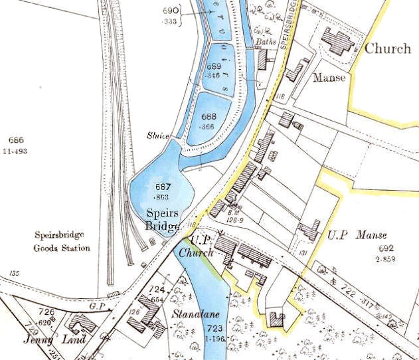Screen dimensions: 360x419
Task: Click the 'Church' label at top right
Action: point(388,48)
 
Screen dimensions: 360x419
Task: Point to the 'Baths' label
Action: point(266,42)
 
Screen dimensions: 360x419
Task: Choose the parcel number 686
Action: point(17,139)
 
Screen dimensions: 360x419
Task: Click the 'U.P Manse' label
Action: point(357,235)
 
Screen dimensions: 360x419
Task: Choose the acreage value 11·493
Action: point(19,151)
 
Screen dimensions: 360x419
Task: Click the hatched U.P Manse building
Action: point(309,230)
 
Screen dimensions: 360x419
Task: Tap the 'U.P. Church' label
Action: point(201,246)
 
